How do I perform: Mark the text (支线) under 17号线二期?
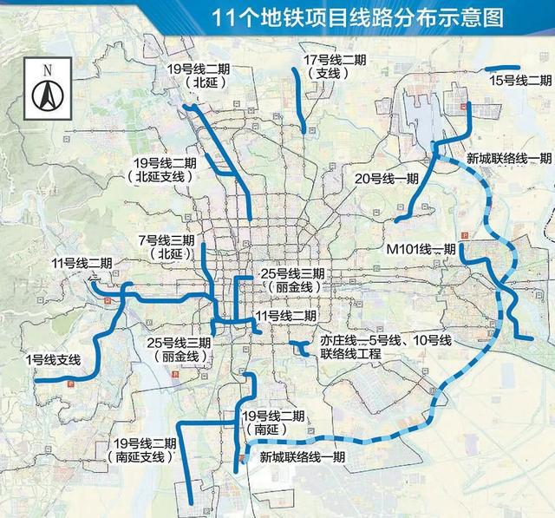pyautogui.click(x=326, y=74)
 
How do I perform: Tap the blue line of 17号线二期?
pyautogui.click(x=299, y=95)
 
